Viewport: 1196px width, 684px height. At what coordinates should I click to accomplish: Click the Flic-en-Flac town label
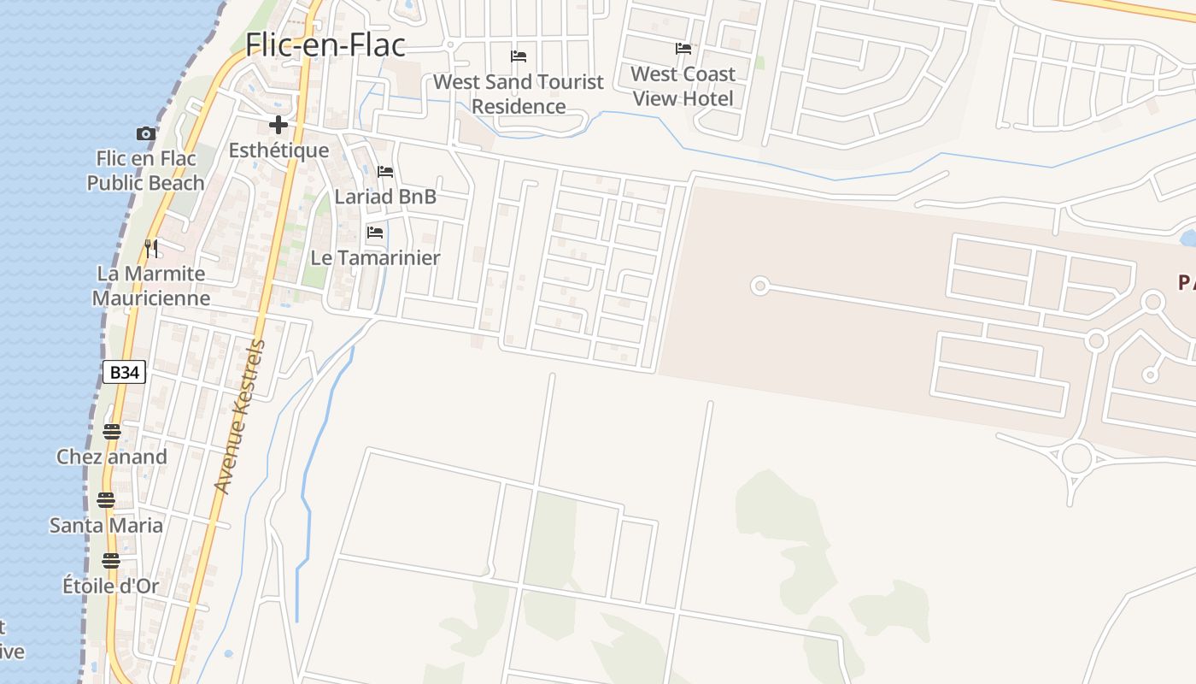click(x=325, y=44)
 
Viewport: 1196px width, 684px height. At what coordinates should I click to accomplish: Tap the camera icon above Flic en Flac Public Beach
click(x=146, y=133)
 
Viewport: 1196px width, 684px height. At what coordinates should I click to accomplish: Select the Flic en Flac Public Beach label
click(x=146, y=170)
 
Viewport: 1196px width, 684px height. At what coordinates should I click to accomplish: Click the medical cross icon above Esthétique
click(x=278, y=126)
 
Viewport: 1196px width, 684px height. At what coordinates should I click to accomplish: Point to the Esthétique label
click(x=278, y=150)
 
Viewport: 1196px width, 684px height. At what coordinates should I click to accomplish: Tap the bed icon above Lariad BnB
click(x=385, y=172)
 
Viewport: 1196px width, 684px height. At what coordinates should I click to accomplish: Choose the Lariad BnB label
click(x=385, y=197)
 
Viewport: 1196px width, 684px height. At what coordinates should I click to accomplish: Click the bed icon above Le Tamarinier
click(x=375, y=233)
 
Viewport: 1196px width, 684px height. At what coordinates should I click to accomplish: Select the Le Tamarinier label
click(x=375, y=257)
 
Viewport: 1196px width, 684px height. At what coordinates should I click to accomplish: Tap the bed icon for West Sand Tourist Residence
click(x=519, y=56)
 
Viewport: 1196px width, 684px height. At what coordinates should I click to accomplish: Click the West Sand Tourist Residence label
click(x=519, y=94)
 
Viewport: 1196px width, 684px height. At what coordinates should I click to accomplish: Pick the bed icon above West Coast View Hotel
click(x=683, y=49)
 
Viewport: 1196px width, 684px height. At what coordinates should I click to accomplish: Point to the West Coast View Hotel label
click(x=683, y=86)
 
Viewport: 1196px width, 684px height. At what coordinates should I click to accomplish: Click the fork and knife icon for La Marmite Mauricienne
click(x=151, y=249)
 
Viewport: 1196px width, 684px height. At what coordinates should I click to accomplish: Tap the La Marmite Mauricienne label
click(x=151, y=286)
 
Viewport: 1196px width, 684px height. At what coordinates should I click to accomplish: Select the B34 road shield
click(x=125, y=372)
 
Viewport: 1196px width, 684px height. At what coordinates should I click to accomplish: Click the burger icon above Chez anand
click(x=112, y=431)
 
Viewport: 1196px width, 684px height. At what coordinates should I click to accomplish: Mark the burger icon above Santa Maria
click(x=106, y=499)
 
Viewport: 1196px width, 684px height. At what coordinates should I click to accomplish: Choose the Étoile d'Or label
click(x=111, y=586)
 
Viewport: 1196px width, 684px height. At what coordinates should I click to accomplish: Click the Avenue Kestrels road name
click(x=241, y=416)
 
